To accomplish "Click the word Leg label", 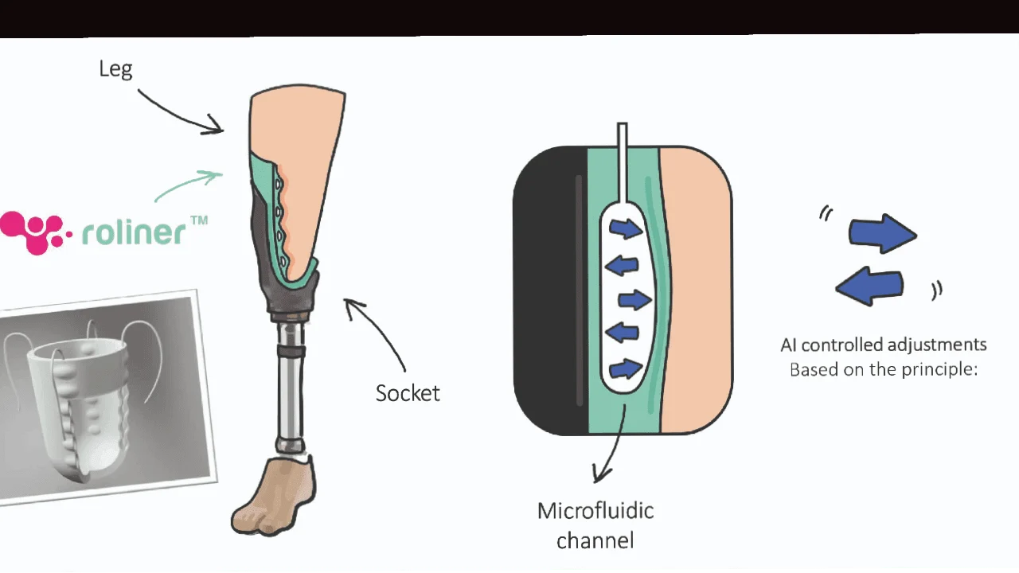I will coord(115,69).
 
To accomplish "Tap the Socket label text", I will coord(408,393).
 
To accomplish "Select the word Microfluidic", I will coord(595,511).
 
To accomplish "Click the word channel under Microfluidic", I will coord(595,541).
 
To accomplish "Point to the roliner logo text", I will coord(134,232).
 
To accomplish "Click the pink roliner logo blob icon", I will coord(30,232).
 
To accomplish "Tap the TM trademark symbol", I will coord(199,220).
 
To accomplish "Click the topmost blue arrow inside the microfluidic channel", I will coord(626,228).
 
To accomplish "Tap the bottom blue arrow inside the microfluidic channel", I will coord(626,368).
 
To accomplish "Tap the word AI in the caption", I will coord(789,345).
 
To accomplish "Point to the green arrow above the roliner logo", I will coord(187,185).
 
